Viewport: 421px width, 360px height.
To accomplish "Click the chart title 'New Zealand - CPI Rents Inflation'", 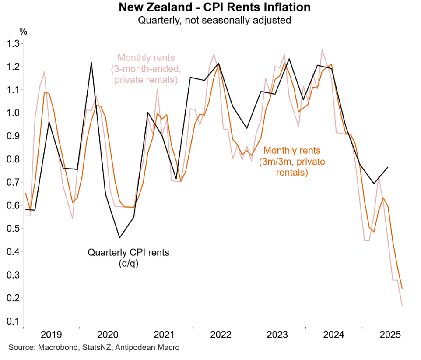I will (214, 7).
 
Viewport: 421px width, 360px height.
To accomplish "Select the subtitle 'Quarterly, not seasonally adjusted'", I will (214, 20).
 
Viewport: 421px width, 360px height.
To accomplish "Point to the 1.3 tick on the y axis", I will (12, 44).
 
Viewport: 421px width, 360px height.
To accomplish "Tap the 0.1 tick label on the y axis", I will (12, 321).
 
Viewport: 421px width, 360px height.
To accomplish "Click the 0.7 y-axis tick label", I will (12, 183).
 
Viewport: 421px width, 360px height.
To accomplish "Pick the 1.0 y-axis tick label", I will (12, 113).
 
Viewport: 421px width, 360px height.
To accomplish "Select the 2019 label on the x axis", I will (51, 335).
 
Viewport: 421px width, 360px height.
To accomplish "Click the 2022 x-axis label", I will (221, 335).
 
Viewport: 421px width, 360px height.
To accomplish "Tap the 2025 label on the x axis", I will (390, 335).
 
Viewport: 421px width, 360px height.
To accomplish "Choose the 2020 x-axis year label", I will (108, 335).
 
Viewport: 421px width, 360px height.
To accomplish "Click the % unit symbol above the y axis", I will (23, 32).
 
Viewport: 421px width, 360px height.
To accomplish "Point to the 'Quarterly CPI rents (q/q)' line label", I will (128, 257).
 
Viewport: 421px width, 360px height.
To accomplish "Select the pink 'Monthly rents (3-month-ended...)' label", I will (146, 69).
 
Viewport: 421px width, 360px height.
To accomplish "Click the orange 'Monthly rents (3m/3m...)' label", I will (292, 162).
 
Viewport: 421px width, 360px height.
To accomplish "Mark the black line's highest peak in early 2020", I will (91, 62).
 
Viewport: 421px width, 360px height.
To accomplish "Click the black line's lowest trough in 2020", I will (119, 238).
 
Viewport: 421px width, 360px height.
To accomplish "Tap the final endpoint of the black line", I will (388, 167).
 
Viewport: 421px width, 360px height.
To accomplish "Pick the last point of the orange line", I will (402, 288).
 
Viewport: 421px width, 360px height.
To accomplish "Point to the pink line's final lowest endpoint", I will (402, 305).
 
